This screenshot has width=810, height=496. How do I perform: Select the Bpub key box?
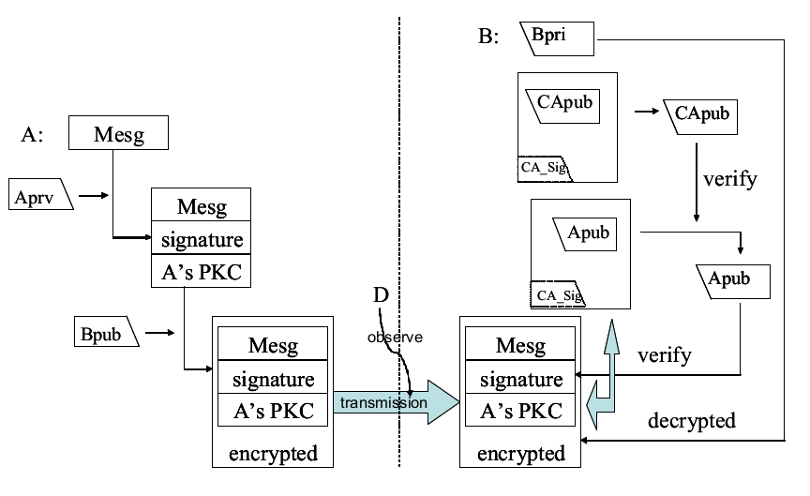[105, 332]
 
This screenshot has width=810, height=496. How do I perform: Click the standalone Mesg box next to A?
[118, 134]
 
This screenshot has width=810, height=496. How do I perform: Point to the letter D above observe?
[380, 294]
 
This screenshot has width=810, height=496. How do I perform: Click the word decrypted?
[691, 420]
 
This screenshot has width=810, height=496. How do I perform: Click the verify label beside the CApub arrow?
[728, 179]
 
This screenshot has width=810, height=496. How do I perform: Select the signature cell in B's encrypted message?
[521, 379]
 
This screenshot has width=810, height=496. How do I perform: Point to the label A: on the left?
[33, 134]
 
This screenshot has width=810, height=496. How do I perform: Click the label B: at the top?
[491, 37]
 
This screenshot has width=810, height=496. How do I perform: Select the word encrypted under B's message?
[521, 454]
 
